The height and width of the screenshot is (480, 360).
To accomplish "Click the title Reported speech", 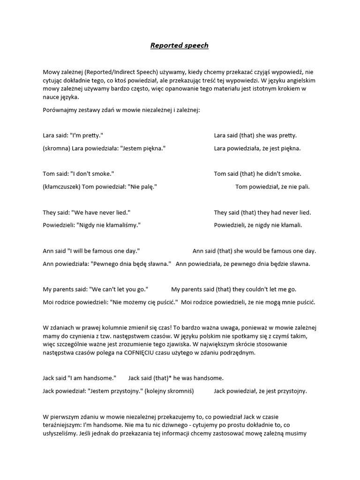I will pos(180,45).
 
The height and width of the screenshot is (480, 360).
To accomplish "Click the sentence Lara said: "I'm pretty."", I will pos(73,135).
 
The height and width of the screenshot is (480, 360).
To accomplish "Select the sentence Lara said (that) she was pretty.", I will pos(255,135).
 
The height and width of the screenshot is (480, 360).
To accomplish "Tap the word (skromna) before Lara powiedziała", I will pos(56,148).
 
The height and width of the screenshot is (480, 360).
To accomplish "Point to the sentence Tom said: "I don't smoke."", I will pos(78,174).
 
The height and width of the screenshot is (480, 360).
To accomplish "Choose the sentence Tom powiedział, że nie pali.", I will pos(272,187).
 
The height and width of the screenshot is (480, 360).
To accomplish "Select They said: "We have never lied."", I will pos(86,212).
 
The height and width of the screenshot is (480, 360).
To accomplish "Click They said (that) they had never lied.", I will pos(262,212).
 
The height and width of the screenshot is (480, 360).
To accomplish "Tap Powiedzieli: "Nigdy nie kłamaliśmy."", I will pos(91,225).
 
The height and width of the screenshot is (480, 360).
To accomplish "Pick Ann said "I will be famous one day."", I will pos(91,251).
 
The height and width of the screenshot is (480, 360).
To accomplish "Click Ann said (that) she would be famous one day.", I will pos(254,251).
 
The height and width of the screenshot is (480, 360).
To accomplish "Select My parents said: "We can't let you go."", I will pos(95,289).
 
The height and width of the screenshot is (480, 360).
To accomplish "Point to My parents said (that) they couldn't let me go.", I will pos(233,289).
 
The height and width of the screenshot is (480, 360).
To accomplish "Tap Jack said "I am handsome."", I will pos(79,378).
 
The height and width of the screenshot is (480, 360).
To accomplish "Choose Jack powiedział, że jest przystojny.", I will pos(260,390).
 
